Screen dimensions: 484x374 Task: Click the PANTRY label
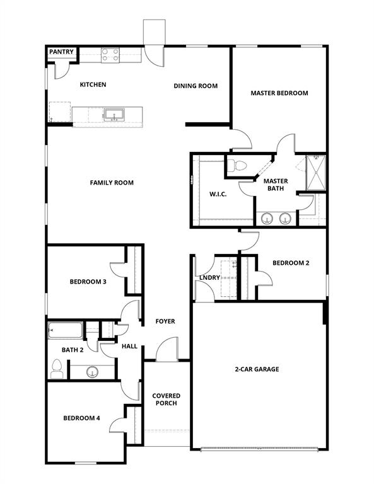pyautogui.click(x=62, y=52)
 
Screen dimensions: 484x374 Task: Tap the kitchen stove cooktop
pyautogui.click(x=111, y=56)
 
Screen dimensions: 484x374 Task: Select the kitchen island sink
pyautogui.click(x=114, y=115)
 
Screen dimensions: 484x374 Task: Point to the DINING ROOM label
pyautogui.click(x=196, y=86)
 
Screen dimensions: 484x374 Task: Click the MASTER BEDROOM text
pyautogui.click(x=279, y=93)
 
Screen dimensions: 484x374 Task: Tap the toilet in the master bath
pyautogui.click(x=238, y=166)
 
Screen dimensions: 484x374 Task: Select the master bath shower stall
pyautogui.click(x=315, y=173)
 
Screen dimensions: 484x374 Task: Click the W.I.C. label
pyautogui.click(x=218, y=194)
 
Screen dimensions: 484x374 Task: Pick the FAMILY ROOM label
pyautogui.click(x=112, y=183)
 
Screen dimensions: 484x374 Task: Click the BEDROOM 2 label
pyautogui.click(x=290, y=263)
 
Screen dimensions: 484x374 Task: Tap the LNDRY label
pyautogui.click(x=209, y=277)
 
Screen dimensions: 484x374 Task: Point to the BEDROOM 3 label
pyautogui.click(x=87, y=282)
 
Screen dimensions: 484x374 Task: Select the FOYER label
pyautogui.click(x=165, y=321)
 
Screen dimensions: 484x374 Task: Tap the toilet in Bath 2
pyautogui.click(x=57, y=368)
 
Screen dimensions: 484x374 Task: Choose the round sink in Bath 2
pyautogui.click(x=93, y=372)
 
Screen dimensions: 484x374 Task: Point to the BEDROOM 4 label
pyautogui.click(x=81, y=418)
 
